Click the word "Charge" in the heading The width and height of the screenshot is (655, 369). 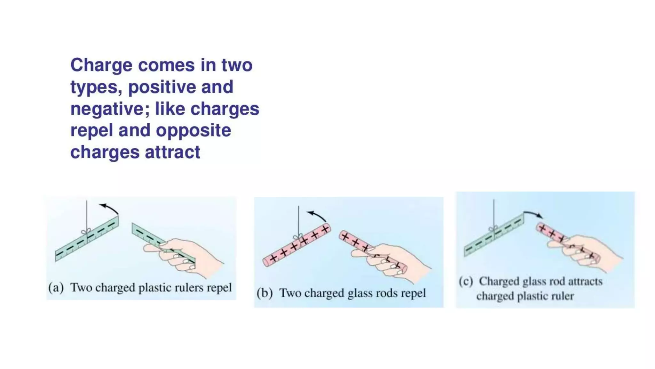[101, 65]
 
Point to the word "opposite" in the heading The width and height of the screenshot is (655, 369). [193, 131]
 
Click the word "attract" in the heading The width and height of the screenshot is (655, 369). [172, 152]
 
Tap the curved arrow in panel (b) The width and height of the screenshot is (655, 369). [316, 215]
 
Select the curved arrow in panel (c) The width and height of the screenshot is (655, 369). [533, 214]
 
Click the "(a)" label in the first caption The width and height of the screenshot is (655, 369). [56, 287]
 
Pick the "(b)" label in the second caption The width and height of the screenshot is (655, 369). [264, 293]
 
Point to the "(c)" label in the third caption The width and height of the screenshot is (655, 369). [466, 281]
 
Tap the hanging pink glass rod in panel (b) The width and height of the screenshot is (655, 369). [296, 245]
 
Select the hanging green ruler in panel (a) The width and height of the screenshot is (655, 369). [87, 239]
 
